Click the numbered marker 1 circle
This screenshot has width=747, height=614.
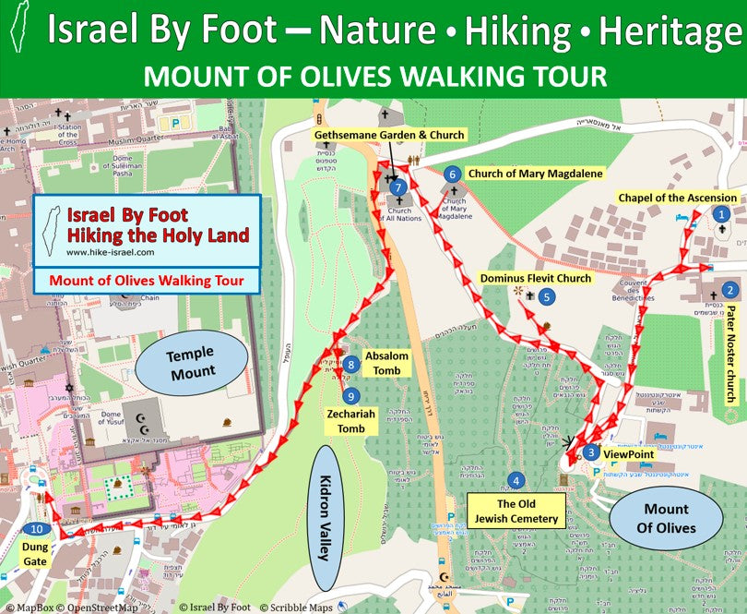[721, 213]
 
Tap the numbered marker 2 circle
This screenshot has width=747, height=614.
[729, 289]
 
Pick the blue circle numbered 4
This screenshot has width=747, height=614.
[516, 480]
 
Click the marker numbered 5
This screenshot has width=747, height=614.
[548, 296]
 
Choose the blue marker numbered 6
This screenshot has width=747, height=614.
[451, 174]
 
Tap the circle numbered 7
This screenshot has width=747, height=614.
[397, 187]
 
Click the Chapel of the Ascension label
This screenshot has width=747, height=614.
[678, 198]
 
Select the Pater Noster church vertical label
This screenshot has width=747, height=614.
[730, 355]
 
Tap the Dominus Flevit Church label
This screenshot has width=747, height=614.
[536, 277]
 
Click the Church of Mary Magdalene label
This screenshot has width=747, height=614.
[535, 174]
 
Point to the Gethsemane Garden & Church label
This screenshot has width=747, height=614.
[388, 135]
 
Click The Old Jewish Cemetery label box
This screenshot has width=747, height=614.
[516, 512]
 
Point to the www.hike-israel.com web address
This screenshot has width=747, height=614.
[110, 251]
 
